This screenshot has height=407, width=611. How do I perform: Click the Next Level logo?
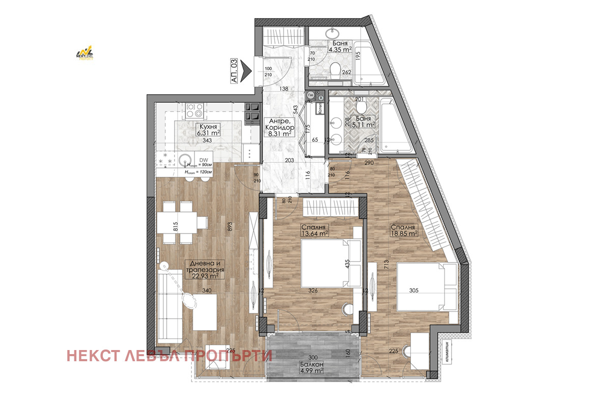[85, 53]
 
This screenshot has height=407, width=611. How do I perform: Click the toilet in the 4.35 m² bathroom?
[336, 69]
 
